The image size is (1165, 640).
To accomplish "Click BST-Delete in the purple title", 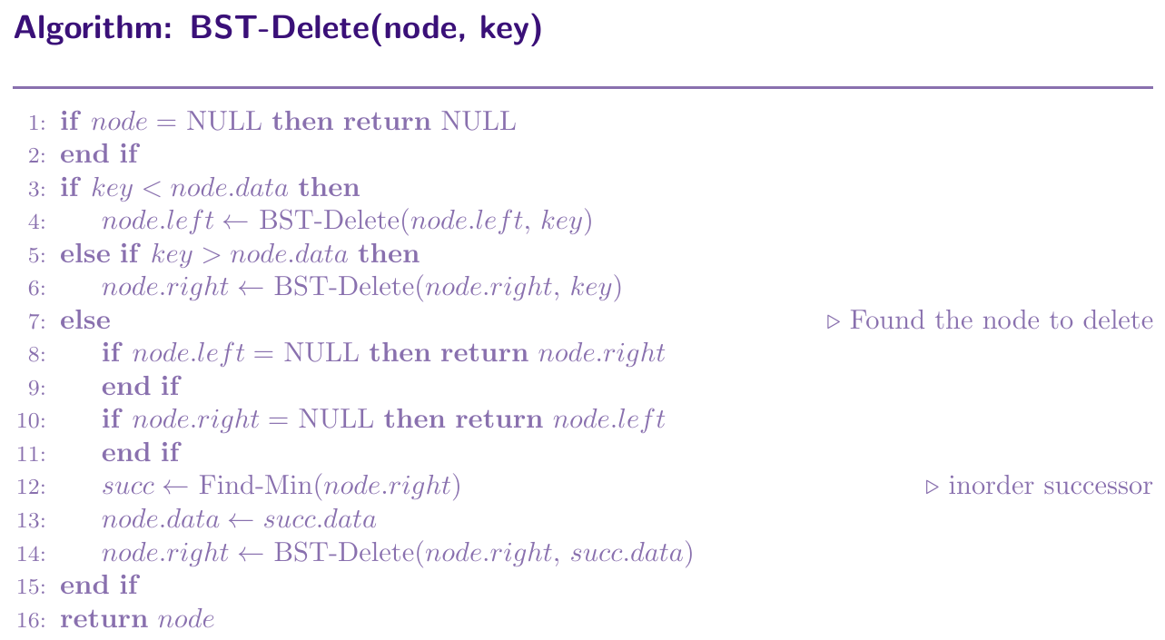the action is tap(280, 27).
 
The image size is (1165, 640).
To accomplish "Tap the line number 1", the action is tap(36, 123).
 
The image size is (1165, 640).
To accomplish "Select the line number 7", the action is tap(36, 322).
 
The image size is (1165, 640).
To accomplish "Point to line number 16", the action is tap(31, 620).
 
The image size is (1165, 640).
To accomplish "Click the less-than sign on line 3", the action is tap(152, 189).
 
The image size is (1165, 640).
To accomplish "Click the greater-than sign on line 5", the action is tap(212, 255).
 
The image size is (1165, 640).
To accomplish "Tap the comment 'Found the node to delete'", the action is tap(1002, 320).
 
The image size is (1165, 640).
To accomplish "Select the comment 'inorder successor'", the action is tap(1050, 486).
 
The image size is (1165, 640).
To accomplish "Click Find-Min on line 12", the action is tap(255, 486).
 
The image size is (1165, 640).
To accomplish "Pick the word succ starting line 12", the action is tap(128, 487).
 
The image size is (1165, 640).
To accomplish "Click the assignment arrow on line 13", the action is tap(241, 520).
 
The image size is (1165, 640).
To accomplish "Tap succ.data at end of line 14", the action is tap(627, 553).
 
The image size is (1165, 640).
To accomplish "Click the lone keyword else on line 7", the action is tap(85, 320).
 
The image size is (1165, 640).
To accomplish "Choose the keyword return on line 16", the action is tap(104, 619).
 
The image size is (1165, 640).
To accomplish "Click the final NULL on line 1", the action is tap(479, 122).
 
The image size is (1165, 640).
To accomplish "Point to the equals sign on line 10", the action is tap(278, 420).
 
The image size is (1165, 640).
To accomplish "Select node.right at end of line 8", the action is tap(602, 354).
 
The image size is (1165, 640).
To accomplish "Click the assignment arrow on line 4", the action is tap(235, 222).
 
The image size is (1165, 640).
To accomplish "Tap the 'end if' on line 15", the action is tap(99, 586).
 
